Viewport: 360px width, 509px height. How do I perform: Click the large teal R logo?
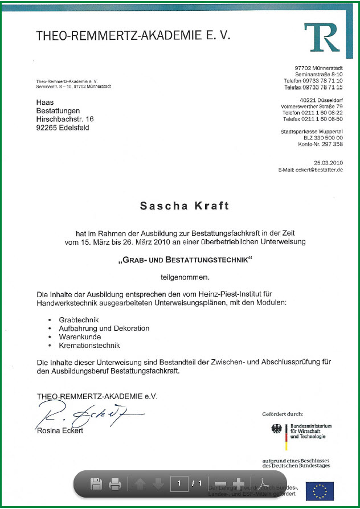coord(322,38)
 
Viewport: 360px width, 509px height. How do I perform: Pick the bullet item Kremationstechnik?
coord(89,345)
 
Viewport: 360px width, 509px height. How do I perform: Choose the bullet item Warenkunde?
coord(80,336)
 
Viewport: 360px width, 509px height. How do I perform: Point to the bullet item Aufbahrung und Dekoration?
coord(104,329)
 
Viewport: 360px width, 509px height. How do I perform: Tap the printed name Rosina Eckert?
coord(60,430)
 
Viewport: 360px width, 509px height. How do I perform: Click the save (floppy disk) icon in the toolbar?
coord(96,484)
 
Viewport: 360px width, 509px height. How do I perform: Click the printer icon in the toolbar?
coord(115,484)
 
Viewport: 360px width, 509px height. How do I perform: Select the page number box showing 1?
coord(179,483)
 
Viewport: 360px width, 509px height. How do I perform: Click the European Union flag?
coord(320,491)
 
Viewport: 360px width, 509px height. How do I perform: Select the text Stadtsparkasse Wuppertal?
coord(312,132)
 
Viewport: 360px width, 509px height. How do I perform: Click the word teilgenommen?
coord(185,277)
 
